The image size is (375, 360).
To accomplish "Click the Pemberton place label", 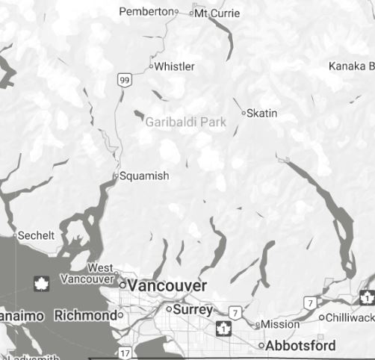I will point(146,11).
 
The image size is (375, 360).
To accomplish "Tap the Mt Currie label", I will point(217,13).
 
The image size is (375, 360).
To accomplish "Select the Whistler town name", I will point(174,66).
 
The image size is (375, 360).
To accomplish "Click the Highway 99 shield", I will point(123,79).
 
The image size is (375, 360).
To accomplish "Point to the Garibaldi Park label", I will point(185,122).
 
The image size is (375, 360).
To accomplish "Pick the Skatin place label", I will point(261,113).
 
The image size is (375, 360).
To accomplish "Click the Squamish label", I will point(144,176).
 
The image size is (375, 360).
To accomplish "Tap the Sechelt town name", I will point(37,235).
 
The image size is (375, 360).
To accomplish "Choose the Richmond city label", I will point(85,315).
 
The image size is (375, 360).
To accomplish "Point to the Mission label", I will point(279,324).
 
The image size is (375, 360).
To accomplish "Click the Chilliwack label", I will point(350,317).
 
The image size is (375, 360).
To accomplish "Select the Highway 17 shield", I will point(125,352).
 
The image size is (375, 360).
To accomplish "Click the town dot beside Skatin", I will point(243,114).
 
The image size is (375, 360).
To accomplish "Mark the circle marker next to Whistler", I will point(151,66).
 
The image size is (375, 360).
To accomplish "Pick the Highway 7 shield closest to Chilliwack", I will point(309,302).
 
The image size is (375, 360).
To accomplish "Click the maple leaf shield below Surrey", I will point(222,327).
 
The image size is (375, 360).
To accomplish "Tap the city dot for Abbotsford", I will point(261,346).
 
